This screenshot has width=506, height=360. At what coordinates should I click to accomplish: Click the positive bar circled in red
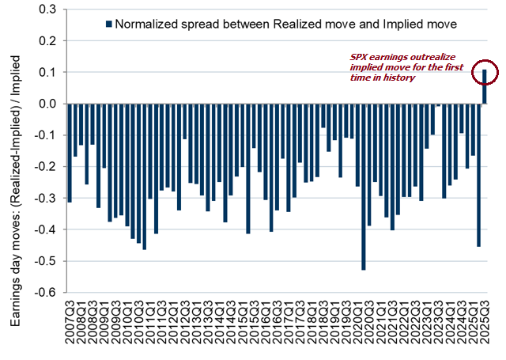tap(485, 86)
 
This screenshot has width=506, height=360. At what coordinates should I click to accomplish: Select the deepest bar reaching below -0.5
tap(363, 187)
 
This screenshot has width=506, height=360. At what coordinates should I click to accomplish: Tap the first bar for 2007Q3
tap(70, 153)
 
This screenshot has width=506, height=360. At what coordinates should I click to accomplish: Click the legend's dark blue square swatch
tap(108, 25)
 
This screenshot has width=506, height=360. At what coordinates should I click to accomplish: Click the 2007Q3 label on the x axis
tap(70, 324)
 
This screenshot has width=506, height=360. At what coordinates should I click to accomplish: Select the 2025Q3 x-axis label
tap(485, 324)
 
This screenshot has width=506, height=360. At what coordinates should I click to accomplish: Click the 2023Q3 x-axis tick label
tap(438, 324)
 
